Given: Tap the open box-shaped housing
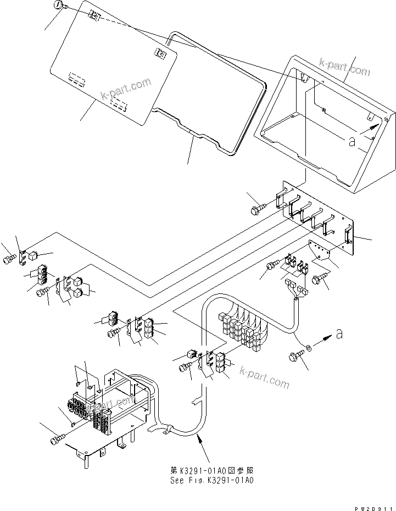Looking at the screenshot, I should [324, 126].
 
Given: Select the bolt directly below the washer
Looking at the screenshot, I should [295, 358].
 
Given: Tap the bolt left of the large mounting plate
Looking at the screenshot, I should [257, 210].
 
